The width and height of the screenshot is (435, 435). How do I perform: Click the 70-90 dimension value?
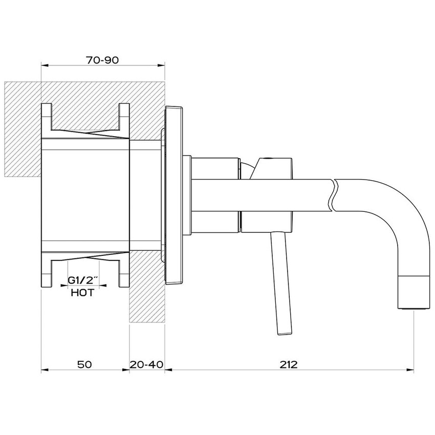point(102,60)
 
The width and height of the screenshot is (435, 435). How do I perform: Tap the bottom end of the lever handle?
point(282,332)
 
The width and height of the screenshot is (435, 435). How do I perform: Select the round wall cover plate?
point(174,194)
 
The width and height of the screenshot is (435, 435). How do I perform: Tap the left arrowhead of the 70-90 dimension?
point(43,66)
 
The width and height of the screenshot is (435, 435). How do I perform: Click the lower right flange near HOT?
point(124,273)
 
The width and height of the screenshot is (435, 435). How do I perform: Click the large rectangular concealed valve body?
point(84,194)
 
